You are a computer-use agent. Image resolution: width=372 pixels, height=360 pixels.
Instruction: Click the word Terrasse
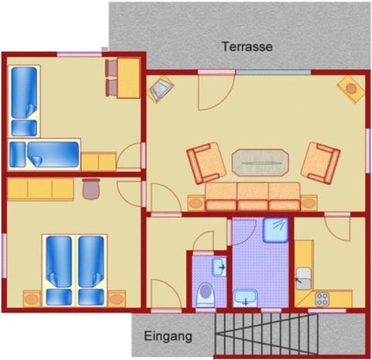(x=246, y=46)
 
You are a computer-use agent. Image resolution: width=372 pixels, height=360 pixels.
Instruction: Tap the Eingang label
(x=168, y=337)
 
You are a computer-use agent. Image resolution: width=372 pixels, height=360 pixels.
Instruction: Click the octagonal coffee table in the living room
(x=259, y=163)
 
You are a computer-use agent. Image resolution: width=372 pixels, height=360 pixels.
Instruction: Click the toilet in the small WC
(x=205, y=295)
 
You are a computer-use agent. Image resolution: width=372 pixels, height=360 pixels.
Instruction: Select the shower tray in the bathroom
(x=276, y=230)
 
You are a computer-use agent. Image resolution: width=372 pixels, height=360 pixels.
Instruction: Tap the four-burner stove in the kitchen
(x=321, y=298)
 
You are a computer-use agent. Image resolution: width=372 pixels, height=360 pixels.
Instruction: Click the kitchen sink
(x=304, y=276)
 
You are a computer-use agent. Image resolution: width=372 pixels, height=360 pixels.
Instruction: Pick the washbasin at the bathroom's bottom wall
(x=246, y=297)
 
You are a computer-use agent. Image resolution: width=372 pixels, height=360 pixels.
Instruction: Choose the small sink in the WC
(x=218, y=267)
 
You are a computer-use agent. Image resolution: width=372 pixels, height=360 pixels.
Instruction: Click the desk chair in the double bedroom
(x=91, y=187)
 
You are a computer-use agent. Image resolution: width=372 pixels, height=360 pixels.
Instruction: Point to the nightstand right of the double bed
(x=116, y=297)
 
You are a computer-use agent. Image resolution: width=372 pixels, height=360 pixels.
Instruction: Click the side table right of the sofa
(x=310, y=203)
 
